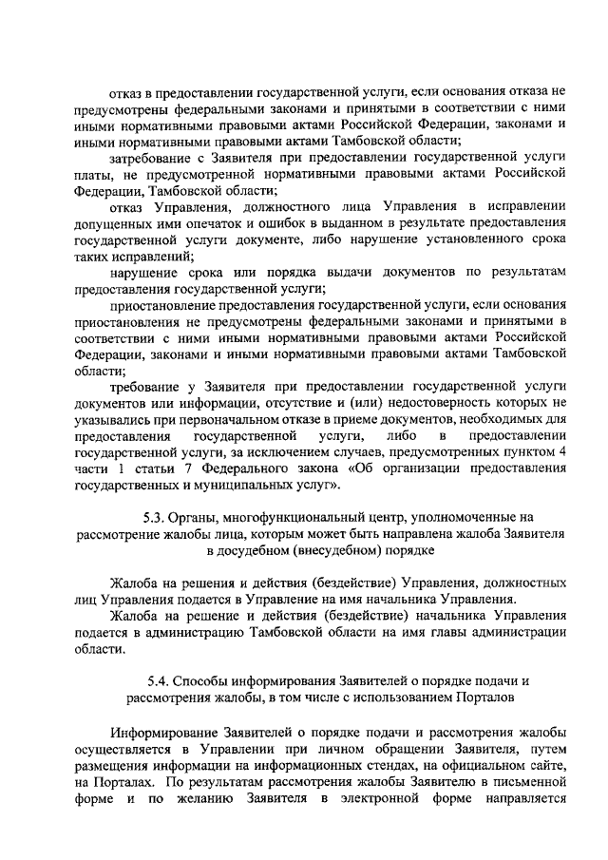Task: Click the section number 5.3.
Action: tap(152, 516)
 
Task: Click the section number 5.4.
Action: tap(160, 681)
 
